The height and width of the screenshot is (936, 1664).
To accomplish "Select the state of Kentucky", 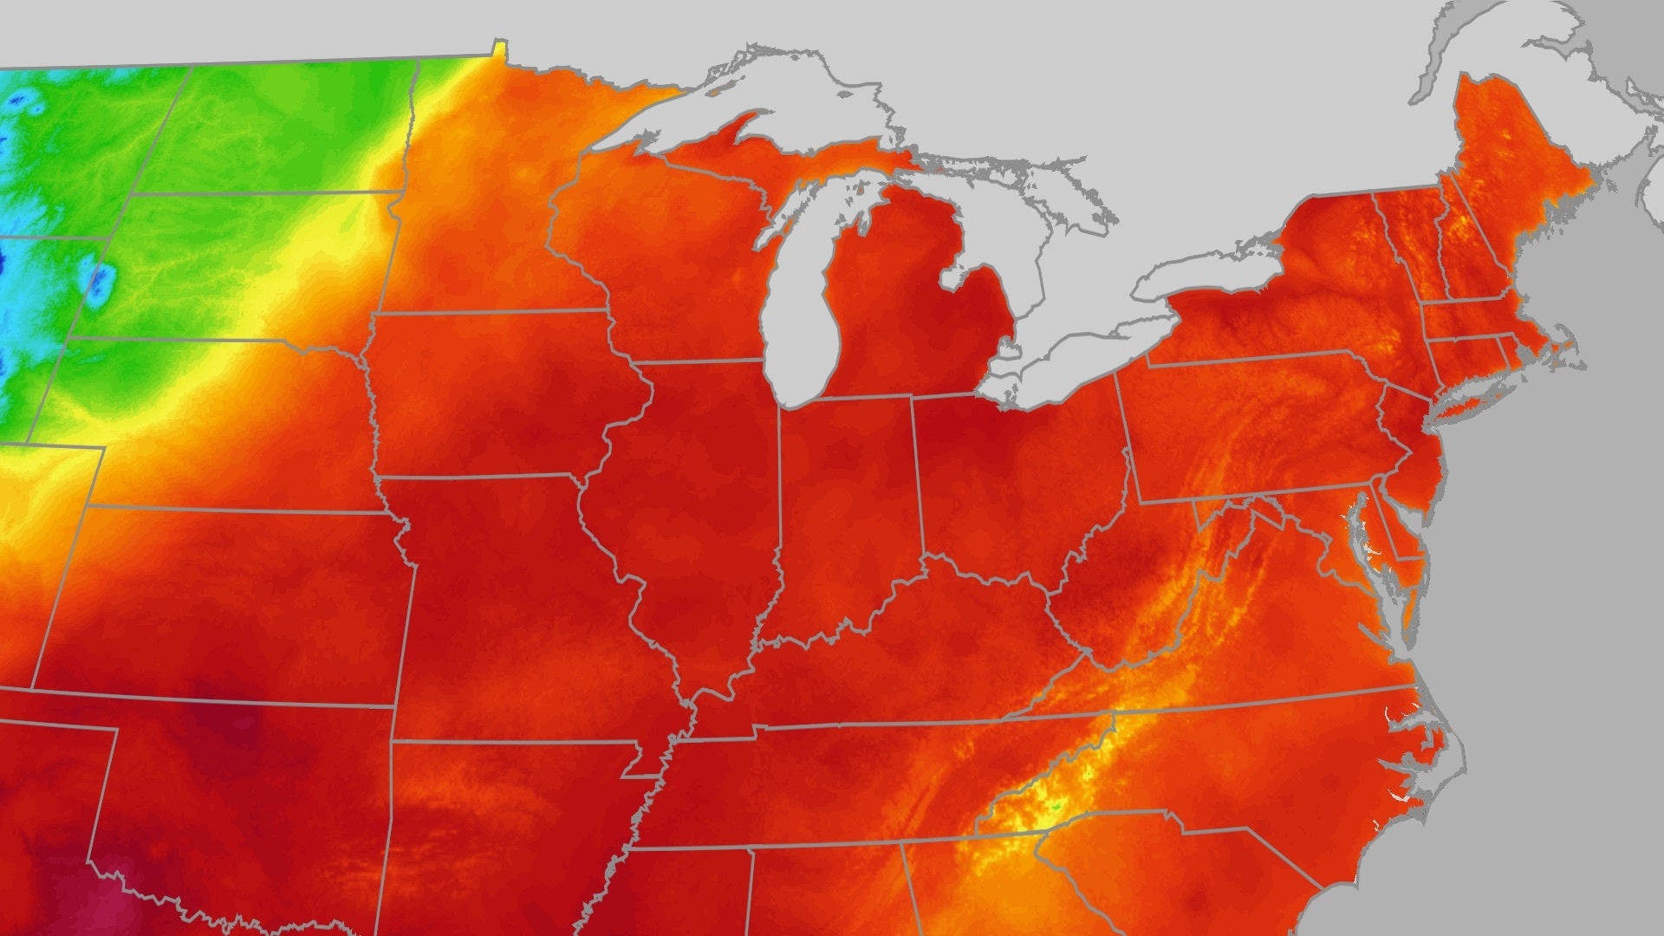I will pyautogui.click(x=910, y=659).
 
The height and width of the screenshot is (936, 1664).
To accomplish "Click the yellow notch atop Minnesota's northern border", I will pyautogui.click(x=498, y=48).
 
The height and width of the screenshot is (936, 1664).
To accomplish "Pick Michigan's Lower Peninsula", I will pyautogui.click(x=901, y=312).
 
